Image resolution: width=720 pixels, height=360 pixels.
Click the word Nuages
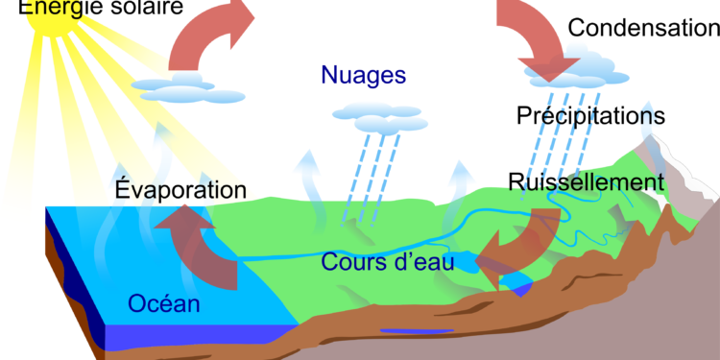[364, 75]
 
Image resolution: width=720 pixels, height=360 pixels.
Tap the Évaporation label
[180, 189]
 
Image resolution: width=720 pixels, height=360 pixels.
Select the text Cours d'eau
[387, 260]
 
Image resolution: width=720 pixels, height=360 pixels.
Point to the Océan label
[164, 305]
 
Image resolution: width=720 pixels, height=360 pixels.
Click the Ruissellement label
[588, 181]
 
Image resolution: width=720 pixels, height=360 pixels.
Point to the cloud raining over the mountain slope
[582, 66]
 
